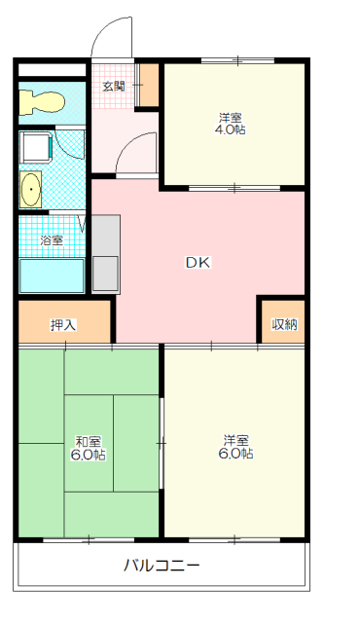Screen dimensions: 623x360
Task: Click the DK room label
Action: (198, 261)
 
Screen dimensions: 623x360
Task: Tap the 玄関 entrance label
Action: (113, 86)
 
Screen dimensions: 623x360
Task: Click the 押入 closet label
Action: (63, 324)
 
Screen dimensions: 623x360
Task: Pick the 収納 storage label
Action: (283, 324)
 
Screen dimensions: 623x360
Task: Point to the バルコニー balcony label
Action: (162, 566)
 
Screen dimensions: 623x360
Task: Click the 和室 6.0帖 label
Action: (88, 447)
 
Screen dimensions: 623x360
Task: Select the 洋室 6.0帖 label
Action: (235, 447)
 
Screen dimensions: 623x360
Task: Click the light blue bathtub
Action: (52, 275)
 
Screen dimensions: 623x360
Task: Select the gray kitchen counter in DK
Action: (105, 253)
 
